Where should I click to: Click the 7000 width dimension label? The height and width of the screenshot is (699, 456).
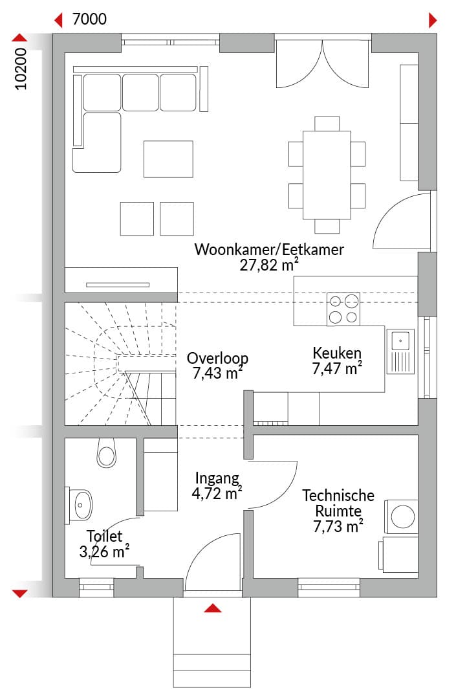[89, 19]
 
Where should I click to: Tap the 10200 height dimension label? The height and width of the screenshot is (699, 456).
[21, 69]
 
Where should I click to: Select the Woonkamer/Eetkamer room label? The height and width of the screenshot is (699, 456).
[269, 249]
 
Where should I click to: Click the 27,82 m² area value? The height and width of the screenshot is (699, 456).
[269, 265]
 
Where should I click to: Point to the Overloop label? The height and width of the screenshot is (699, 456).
[217, 358]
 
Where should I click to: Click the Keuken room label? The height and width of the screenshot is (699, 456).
[337, 353]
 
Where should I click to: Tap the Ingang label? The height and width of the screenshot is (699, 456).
[217, 478]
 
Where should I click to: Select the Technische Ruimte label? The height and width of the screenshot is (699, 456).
[338, 503]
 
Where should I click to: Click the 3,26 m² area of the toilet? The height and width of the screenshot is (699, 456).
[104, 551]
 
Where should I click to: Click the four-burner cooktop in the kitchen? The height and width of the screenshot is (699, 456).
[343, 309]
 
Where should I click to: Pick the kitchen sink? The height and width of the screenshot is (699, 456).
[400, 351]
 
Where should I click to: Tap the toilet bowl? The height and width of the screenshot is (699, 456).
[107, 452]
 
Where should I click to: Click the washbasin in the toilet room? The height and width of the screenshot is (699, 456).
[80, 505]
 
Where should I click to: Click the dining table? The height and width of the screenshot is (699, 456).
[327, 175]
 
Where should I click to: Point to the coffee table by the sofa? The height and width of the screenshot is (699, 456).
[168, 159]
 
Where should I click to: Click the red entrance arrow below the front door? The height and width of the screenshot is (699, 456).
[213, 608]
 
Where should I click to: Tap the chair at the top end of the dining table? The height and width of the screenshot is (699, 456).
[327, 124]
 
